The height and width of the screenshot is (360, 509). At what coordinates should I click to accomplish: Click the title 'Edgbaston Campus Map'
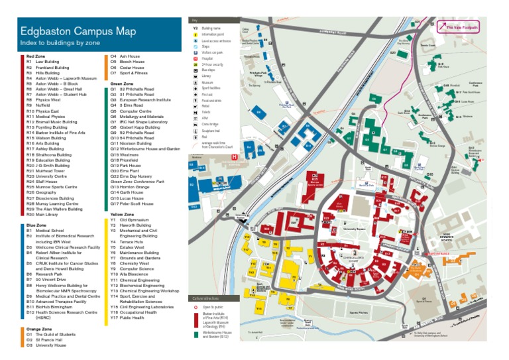coord(78,30)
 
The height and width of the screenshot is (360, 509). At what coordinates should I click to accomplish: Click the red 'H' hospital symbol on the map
coord(234,157)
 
